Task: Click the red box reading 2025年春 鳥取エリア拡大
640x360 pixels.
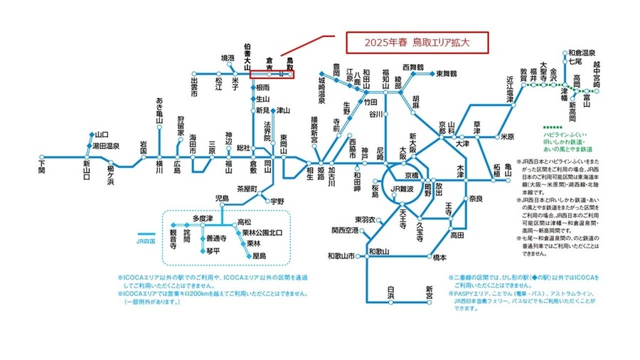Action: (x=416, y=42)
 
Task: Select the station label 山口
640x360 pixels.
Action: (x=100, y=134)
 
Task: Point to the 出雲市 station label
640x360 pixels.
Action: (x=193, y=88)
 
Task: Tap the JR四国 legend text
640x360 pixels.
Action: (x=144, y=242)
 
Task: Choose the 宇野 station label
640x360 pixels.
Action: (x=276, y=201)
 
